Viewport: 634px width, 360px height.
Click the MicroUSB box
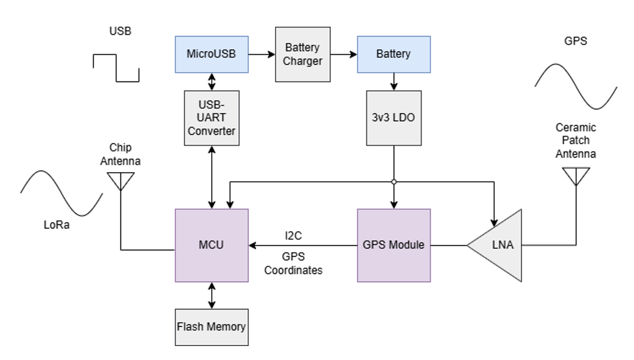click(x=211, y=54)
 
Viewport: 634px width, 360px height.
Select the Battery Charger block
click(x=302, y=54)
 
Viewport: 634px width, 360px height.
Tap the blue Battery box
click(x=393, y=54)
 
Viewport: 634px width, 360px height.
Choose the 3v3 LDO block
click(x=393, y=118)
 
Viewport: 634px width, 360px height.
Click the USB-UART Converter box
click(x=211, y=118)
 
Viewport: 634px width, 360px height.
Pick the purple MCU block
click(x=211, y=245)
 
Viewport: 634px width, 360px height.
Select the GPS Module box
click(x=393, y=245)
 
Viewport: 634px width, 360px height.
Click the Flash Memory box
click(x=211, y=327)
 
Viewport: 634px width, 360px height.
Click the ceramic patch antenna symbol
click(x=576, y=176)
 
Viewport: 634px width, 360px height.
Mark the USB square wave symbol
click(x=116, y=67)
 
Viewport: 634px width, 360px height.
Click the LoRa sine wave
click(x=61, y=193)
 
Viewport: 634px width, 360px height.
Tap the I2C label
click(x=293, y=234)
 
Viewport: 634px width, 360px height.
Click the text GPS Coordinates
click(x=293, y=263)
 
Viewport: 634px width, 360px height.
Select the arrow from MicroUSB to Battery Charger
click(x=261, y=54)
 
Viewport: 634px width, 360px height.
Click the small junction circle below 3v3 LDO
click(x=394, y=182)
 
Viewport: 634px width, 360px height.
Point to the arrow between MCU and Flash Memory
click(x=211, y=294)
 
